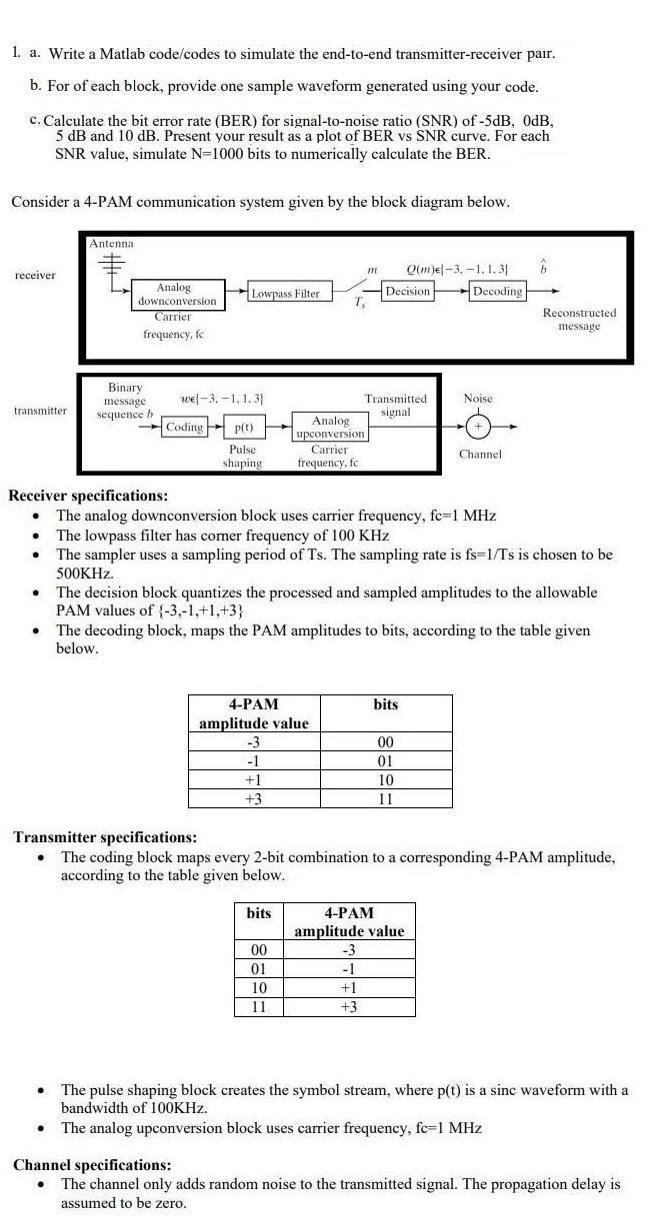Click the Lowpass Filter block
point(285,293)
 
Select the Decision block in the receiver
point(408,291)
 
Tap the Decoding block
point(497,291)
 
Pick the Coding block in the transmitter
point(184,427)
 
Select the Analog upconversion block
point(330,427)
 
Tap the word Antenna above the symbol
point(111,243)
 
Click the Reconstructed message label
point(579,319)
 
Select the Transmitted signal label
point(395,405)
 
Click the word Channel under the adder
point(480,455)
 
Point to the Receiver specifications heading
point(88,496)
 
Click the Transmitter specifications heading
point(105,837)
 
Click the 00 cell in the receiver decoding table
point(385,742)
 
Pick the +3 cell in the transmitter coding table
point(348,1007)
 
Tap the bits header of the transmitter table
point(258,913)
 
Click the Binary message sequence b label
point(125,401)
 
